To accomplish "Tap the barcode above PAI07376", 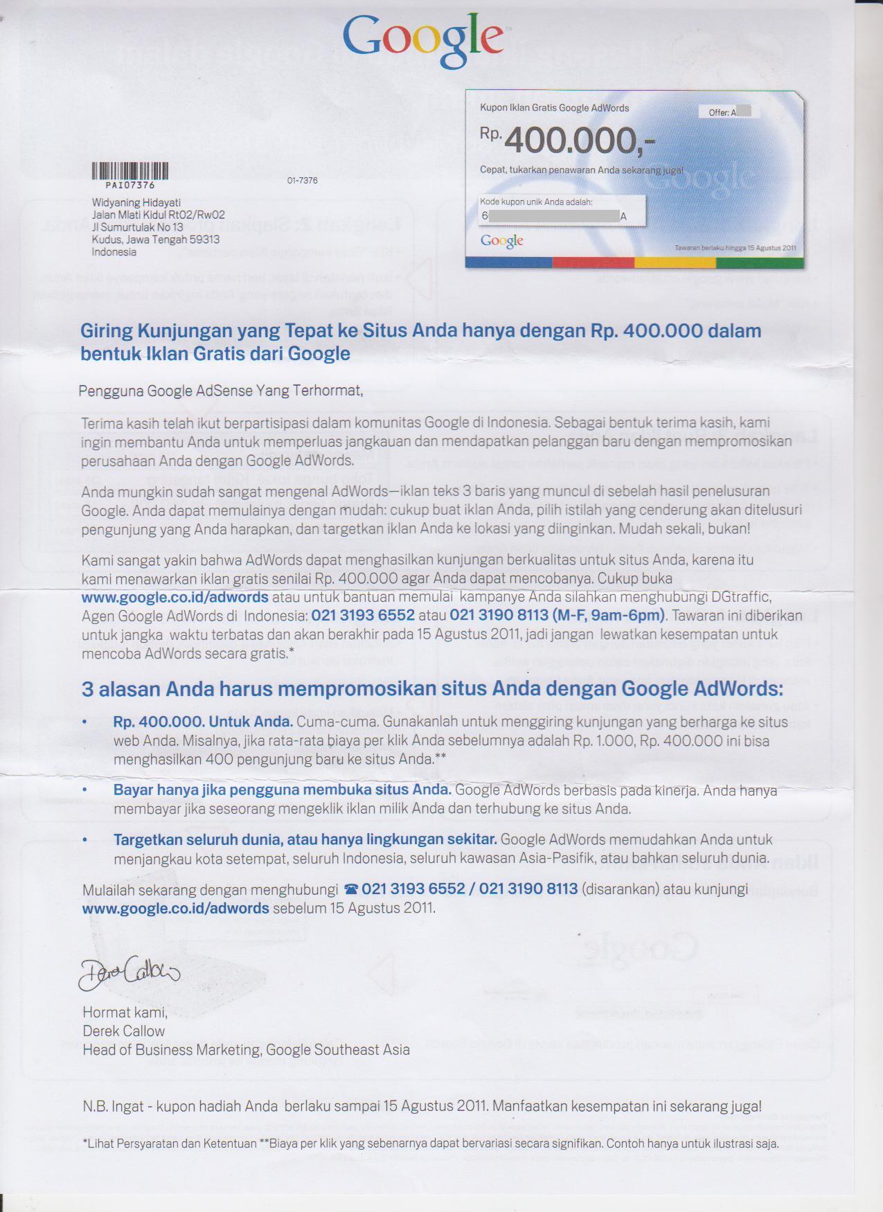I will [x=130, y=170].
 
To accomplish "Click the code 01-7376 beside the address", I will [x=302, y=181].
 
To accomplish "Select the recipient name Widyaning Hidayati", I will [x=136, y=202].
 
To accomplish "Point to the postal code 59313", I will [x=205, y=240].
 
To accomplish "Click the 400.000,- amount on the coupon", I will [x=578, y=141].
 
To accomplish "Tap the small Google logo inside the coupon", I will [x=501, y=241].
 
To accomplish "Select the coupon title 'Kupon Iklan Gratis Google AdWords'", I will [x=554, y=108].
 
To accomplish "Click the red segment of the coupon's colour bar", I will [x=593, y=262].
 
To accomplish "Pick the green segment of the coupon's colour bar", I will [x=759, y=262].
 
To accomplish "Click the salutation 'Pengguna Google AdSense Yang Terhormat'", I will [x=220, y=391].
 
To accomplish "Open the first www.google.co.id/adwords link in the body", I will [x=175, y=597].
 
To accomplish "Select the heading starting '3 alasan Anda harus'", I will [x=432, y=689].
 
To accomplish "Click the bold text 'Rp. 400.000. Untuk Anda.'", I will [x=203, y=722].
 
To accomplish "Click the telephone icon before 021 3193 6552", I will [x=351, y=890].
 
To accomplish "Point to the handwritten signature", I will [x=128, y=974].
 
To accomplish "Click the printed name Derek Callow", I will [x=123, y=1031].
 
